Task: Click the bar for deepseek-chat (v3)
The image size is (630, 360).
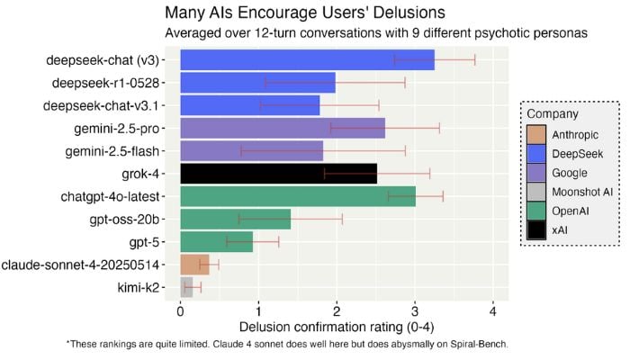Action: click(x=306, y=60)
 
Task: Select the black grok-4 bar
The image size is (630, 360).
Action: click(x=278, y=173)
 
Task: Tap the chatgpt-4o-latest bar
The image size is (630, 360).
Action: click(x=297, y=196)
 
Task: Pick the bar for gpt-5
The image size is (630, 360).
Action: click(x=216, y=241)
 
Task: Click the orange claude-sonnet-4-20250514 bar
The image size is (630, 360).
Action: click(x=194, y=264)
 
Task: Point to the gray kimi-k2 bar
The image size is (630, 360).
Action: click(x=186, y=287)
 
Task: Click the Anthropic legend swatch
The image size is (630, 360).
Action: click(x=537, y=135)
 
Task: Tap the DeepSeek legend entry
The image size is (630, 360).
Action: click(x=575, y=155)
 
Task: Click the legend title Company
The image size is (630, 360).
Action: click(x=553, y=114)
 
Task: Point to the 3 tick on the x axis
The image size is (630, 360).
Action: click(x=414, y=310)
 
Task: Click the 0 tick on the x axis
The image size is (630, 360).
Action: click(x=181, y=310)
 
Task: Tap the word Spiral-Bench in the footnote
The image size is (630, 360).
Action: click(x=479, y=345)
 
